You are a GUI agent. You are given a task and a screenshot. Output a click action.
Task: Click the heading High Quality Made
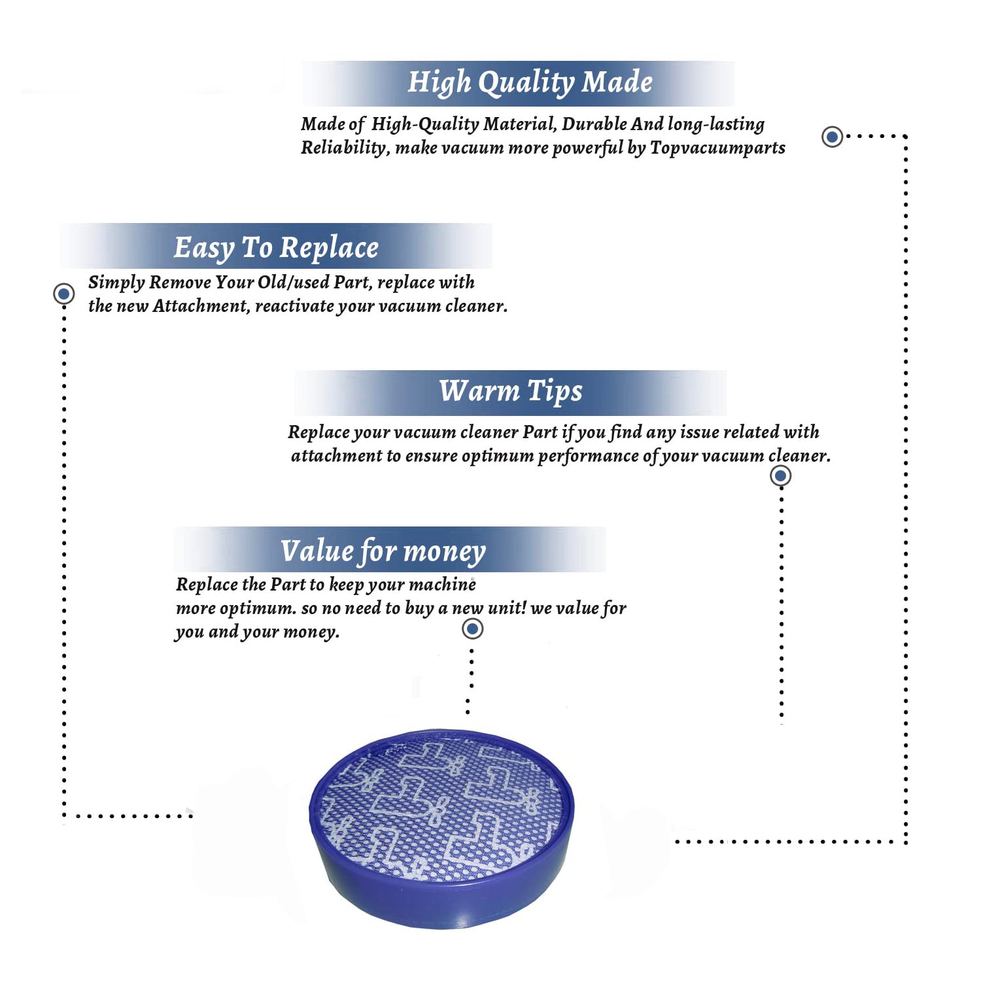pyautogui.click(x=530, y=83)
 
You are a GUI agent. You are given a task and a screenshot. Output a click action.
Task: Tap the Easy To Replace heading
pyautogui.click(x=276, y=248)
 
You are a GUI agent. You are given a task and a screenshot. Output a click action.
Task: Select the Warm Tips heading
pyautogui.click(x=510, y=391)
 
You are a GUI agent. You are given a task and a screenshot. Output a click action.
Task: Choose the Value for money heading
pyautogui.click(x=383, y=551)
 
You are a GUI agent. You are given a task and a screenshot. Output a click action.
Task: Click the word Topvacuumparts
pyautogui.click(x=717, y=148)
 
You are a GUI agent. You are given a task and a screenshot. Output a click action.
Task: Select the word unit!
pyautogui.click(x=507, y=608)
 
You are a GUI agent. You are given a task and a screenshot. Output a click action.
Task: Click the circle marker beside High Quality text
pyautogui.click(x=832, y=137)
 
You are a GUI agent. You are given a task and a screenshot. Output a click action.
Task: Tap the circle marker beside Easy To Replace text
pyautogui.click(x=64, y=294)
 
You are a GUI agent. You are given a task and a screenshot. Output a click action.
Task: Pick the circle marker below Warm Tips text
pyautogui.click(x=780, y=475)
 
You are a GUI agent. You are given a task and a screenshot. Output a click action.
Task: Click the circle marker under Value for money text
pyautogui.click(x=472, y=628)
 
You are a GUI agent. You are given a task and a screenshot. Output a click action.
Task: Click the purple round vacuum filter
pyautogui.click(x=441, y=827)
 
